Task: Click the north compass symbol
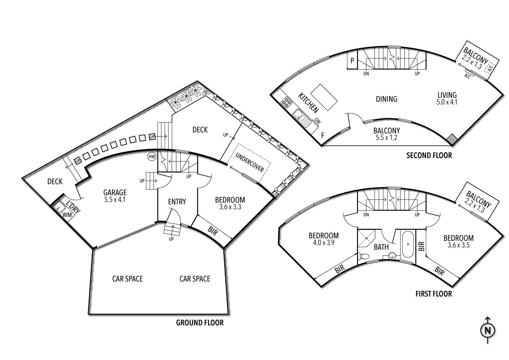point(488,330)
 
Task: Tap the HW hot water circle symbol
point(151,157)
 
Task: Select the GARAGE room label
point(115,193)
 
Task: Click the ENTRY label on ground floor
point(177,202)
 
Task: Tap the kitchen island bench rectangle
point(324,97)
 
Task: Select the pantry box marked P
point(352,61)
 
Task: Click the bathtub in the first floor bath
point(407,245)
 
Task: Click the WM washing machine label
point(67,215)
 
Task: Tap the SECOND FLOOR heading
point(429,156)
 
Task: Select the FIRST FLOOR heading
point(434,294)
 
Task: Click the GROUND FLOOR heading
point(200,323)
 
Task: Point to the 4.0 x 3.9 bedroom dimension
point(323,243)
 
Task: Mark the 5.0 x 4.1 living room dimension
point(447,102)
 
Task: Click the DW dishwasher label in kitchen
point(317,120)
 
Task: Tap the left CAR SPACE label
point(128,279)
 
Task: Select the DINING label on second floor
point(387,99)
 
